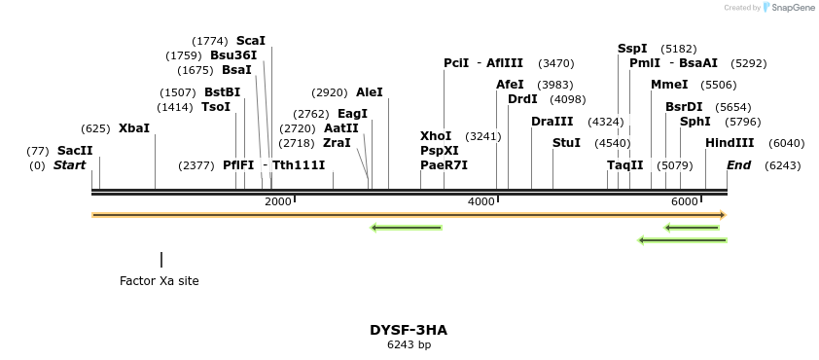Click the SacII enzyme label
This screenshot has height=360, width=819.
coord(75,151)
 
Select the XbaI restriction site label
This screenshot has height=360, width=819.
coord(134,128)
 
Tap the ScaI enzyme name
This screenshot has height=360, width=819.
coord(250,41)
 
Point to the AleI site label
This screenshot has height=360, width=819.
coord(370,92)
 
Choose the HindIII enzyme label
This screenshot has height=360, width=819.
coord(730,143)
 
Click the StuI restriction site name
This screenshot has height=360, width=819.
coord(566,143)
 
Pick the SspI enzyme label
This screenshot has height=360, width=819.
coord(632,49)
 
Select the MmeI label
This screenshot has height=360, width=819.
coord(669,85)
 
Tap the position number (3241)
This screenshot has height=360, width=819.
coord(483,136)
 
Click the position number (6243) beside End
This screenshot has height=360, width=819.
coord(783,165)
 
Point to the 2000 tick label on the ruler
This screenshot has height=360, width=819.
coord(278,201)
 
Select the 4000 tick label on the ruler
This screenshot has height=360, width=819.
coord(481,201)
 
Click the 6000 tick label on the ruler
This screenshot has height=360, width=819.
coord(685,201)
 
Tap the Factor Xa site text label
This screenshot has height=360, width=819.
coord(160,281)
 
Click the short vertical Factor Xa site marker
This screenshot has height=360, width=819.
coord(161,260)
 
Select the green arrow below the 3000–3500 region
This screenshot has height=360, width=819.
coord(407,228)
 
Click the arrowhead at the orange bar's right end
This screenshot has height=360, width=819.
coord(723,215)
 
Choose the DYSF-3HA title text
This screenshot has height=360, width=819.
coord(409,330)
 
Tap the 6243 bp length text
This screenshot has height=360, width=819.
coord(409,344)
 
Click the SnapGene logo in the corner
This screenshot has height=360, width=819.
coord(788,8)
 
